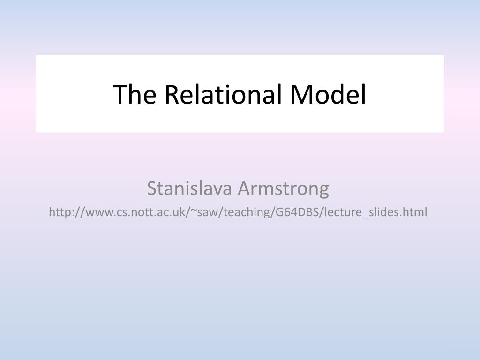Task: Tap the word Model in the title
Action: tap(328, 94)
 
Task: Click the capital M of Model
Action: tap(300, 94)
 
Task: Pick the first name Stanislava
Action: tap(190, 188)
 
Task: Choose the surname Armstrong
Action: tap(283, 188)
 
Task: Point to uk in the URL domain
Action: tap(180, 212)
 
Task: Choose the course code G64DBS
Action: tap(290, 212)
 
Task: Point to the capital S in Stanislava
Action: tap(151, 188)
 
